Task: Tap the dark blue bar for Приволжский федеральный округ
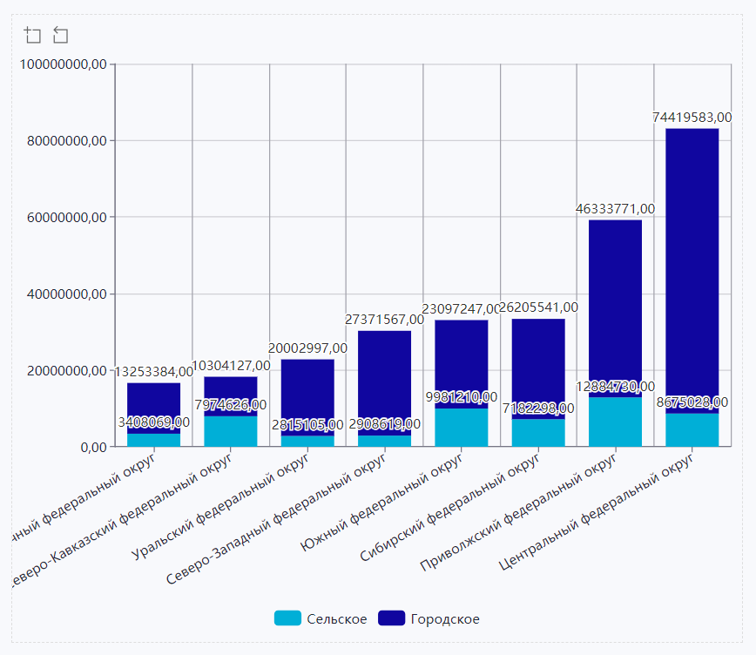coord(615,305)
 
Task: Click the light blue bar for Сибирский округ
coord(538,433)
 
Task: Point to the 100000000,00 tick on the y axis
coord(64,64)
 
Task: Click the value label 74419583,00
coord(692,117)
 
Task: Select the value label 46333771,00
coord(616,209)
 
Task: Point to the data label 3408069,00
coord(154,422)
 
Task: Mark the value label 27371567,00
coord(385,320)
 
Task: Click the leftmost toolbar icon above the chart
coord(32,35)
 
